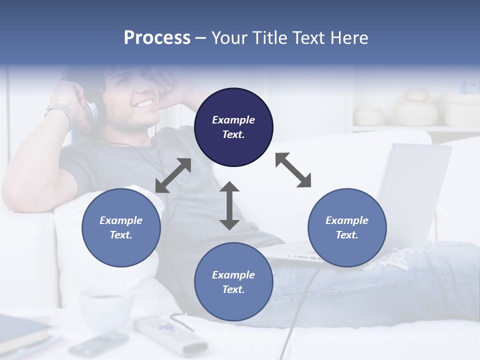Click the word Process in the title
coord(157,38)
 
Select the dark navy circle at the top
coord(233,127)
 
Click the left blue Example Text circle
coord(121,227)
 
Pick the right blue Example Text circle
coord(347,227)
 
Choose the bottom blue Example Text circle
coord(233,281)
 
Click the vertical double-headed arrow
coord(229,205)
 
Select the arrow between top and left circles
coord(173,175)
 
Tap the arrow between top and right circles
coord(293,170)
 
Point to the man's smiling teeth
coord(143,103)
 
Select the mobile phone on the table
coord(98,343)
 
